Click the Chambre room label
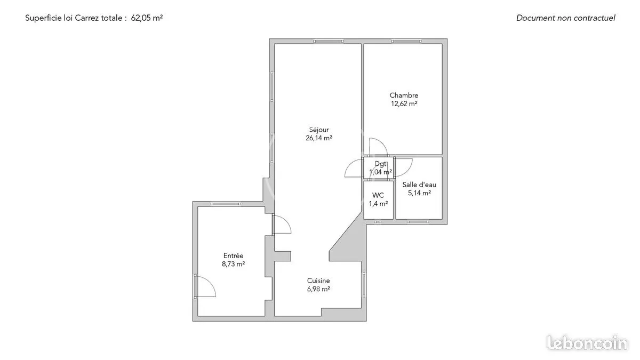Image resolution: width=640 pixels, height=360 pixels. (x=404, y=95)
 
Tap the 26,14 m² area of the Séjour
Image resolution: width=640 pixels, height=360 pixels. (x=319, y=138)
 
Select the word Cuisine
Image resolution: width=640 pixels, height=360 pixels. (x=318, y=281)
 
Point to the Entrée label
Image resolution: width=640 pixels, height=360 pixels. (x=233, y=255)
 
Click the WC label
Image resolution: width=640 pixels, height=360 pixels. (x=378, y=195)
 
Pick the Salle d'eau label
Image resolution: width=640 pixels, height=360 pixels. (x=419, y=185)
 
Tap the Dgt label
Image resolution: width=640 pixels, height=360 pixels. (x=380, y=164)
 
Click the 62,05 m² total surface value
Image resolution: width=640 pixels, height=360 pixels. (x=147, y=18)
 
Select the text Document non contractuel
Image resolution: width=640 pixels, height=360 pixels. (x=566, y=18)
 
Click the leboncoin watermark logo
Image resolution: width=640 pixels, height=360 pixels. (x=587, y=343)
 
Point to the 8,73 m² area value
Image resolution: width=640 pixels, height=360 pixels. (x=233, y=264)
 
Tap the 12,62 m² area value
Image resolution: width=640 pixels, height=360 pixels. (x=404, y=103)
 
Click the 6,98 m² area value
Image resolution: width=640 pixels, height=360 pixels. (x=318, y=289)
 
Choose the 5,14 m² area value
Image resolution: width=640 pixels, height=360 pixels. (x=419, y=193)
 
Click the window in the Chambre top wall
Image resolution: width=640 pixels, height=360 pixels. (x=406, y=41)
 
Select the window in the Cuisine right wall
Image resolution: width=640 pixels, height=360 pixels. (x=364, y=285)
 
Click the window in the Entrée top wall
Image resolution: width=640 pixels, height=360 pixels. (x=226, y=204)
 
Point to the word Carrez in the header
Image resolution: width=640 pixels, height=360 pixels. (x=86, y=18)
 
